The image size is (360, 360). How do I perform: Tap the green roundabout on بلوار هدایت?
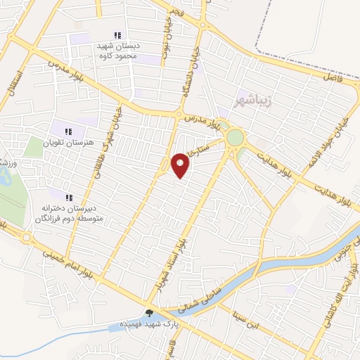click(235, 137)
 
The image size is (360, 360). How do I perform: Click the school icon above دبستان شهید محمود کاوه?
click(117, 35)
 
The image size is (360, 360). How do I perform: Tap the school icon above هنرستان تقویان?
click(68, 131)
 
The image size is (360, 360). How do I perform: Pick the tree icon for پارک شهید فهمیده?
click(148, 314)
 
